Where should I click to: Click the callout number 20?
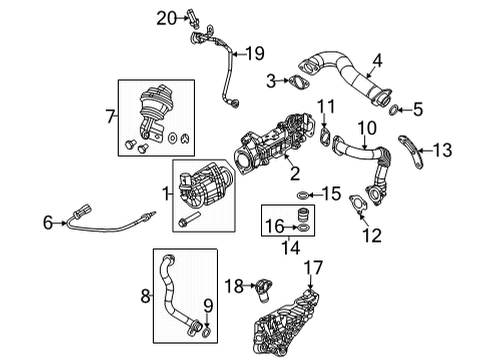(x=165, y=16)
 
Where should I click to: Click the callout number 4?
(x=377, y=69)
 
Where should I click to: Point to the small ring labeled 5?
(x=397, y=109)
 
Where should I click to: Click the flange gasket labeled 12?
(x=353, y=208)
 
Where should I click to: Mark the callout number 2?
(x=295, y=173)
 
